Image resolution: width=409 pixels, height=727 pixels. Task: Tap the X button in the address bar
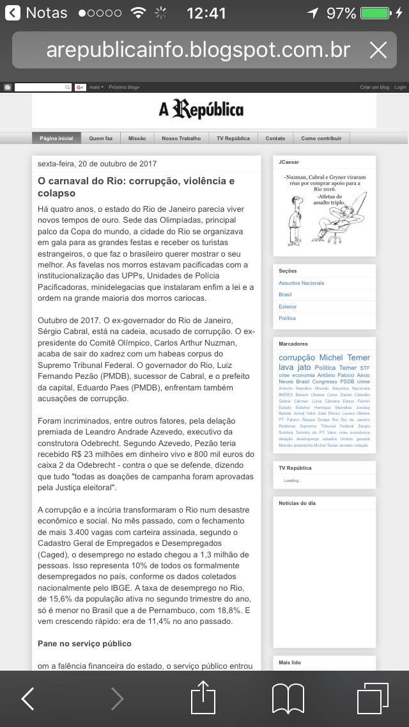click(378, 50)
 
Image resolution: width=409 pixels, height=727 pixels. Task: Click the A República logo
click(201, 110)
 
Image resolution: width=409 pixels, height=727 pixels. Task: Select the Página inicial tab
click(56, 138)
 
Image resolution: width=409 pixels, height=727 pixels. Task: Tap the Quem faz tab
click(100, 138)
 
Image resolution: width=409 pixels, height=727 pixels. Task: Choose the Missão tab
click(137, 138)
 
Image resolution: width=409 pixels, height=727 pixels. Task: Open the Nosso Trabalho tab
click(181, 138)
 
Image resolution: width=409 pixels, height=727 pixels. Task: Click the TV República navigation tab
click(233, 138)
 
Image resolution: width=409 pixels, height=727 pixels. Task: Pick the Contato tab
click(275, 138)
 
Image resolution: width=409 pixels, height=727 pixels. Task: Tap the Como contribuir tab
click(321, 138)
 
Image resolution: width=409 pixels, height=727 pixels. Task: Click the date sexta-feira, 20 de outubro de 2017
click(97, 164)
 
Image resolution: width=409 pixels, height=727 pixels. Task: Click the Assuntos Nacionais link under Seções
click(301, 283)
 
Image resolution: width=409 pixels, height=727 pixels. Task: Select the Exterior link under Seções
click(288, 307)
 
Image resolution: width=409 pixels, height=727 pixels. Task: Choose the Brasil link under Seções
click(285, 294)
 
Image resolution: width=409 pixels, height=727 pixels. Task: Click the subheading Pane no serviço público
click(84, 643)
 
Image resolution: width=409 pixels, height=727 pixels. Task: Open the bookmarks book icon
click(288, 698)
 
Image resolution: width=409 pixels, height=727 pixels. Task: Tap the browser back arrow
click(27, 699)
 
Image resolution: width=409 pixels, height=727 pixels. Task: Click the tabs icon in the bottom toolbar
click(373, 698)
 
